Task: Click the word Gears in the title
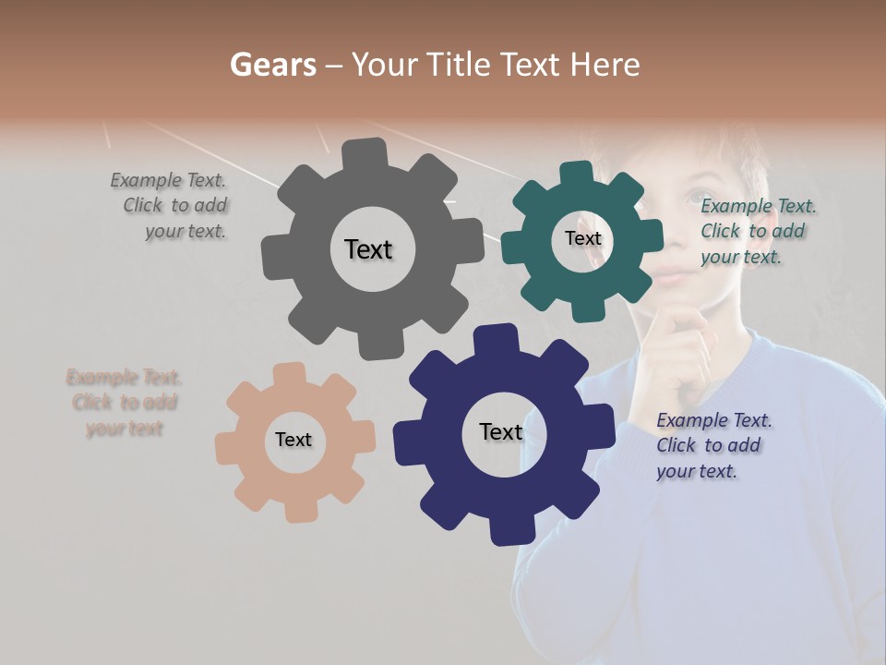[273, 65]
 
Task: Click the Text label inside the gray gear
[368, 249]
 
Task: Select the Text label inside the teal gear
[582, 238]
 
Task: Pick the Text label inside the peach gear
[293, 440]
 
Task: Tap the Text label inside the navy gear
[501, 431]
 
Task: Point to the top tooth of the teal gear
[578, 175]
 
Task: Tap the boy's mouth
[672, 276]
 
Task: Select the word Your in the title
[381, 65]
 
